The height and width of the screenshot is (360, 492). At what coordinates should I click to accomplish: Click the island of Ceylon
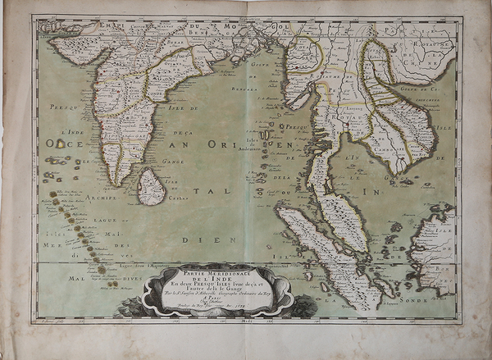click(x=151, y=186)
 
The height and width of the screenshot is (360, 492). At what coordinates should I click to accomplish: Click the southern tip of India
click(x=124, y=182)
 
